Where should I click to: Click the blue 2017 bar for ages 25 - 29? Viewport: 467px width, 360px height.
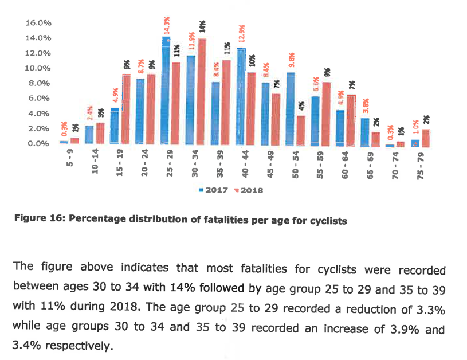point(166,92)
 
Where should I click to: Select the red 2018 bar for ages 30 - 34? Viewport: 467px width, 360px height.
point(202,92)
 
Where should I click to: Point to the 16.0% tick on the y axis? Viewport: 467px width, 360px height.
point(38,23)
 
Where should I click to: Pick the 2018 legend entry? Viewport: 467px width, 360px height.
point(249,189)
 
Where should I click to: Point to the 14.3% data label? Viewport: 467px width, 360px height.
point(167,26)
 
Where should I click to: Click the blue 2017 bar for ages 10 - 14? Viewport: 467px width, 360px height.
point(89,135)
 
